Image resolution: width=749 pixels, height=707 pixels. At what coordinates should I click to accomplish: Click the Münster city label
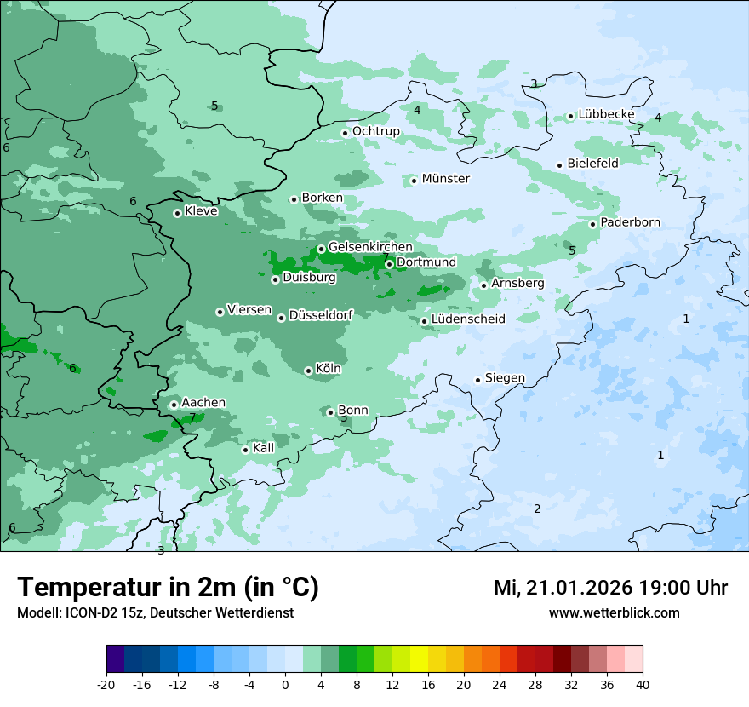(445, 179)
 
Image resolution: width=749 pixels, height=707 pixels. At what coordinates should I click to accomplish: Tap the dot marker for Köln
(308, 371)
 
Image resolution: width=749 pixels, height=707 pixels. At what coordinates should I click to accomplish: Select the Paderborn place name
(630, 222)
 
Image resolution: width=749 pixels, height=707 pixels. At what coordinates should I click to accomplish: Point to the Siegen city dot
(478, 380)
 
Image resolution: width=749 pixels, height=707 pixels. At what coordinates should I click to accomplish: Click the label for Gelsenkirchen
(370, 247)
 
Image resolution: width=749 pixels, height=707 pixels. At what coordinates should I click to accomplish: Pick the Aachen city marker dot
(174, 405)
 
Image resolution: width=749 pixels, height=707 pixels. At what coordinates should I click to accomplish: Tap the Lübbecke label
(606, 114)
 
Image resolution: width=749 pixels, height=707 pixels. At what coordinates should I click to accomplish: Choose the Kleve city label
(201, 211)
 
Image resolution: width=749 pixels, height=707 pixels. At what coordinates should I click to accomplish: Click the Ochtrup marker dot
(346, 133)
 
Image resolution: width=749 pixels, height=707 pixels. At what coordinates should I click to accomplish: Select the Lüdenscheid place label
(468, 319)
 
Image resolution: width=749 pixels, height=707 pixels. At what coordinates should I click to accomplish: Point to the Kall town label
(263, 448)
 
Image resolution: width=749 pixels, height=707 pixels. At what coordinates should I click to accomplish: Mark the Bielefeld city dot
(560, 165)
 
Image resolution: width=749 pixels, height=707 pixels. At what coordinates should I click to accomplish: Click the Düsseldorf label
(321, 315)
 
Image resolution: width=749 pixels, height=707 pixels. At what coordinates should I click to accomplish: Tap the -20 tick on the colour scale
(106, 684)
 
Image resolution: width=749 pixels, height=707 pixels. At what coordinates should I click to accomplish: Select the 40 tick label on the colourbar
(643, 684)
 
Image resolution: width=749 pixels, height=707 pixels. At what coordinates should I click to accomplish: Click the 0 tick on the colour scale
(285, 684)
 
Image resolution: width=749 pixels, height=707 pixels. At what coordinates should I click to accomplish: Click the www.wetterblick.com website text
(614, 612)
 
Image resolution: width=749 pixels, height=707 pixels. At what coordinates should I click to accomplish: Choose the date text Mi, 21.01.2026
(563, 588)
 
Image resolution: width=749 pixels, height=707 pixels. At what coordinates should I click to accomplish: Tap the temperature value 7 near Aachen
(192, 417)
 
